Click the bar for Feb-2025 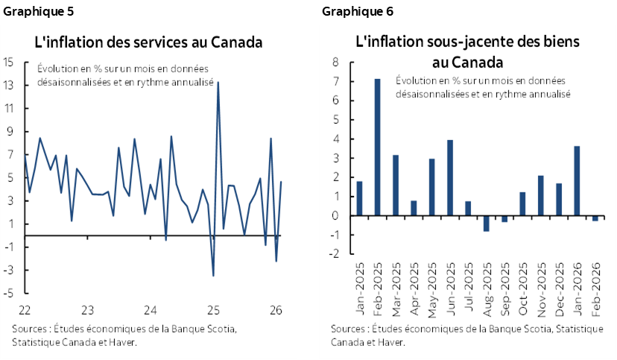pos(378,147)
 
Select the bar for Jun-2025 pos(450,177)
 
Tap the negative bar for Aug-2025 pos(487,223)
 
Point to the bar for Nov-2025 pos(540,195)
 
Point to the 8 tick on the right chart pos(335,62)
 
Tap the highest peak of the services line pos(218,81)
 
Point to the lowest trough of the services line pos(214,276)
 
